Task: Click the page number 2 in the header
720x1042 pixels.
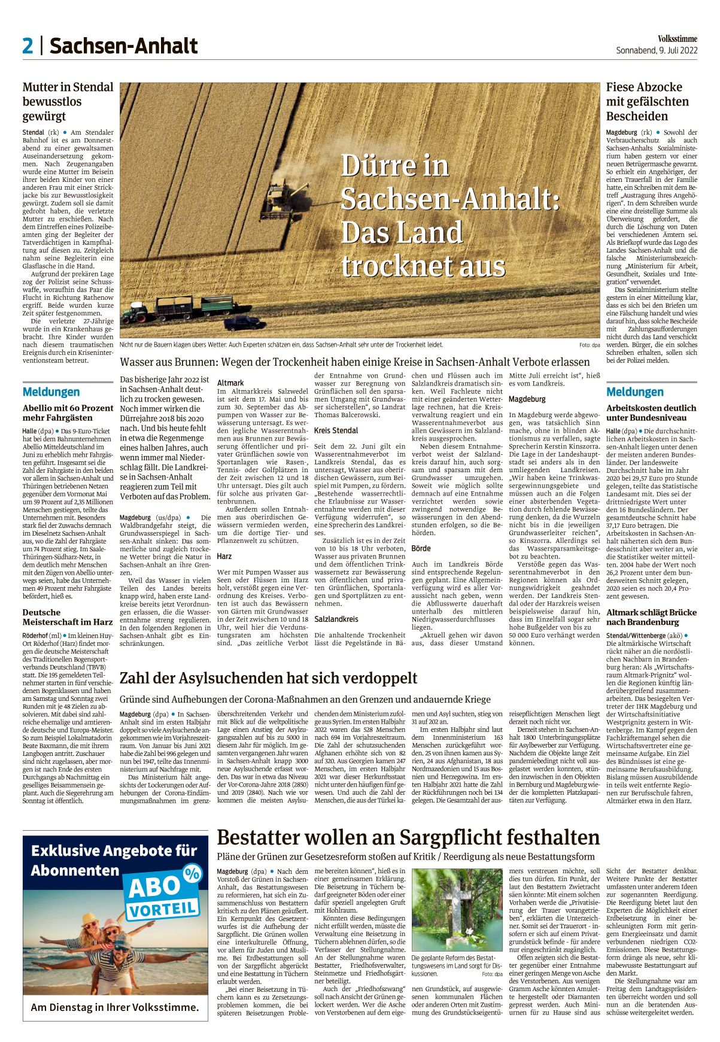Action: pos(28,45)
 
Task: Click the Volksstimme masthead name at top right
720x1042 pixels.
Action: pos(678,39)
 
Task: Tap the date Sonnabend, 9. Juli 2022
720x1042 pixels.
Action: pos(657,51)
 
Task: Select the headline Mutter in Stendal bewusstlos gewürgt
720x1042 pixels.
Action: pos(68,102)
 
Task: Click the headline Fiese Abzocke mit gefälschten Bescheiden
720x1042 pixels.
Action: pos(648,102)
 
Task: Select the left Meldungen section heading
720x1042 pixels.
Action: pos(51,392)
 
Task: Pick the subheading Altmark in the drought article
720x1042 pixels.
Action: pos(230,382)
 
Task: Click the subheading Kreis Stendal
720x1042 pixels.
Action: pos(336,430)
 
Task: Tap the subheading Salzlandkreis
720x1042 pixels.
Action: pos(336,619)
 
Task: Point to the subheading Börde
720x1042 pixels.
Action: pos(421,548)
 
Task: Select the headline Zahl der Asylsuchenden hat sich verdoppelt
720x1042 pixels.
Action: pos(269,678)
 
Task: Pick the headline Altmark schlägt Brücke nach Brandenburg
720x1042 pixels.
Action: pos(651,617)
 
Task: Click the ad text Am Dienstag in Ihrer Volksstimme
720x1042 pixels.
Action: pos(115,1007)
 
